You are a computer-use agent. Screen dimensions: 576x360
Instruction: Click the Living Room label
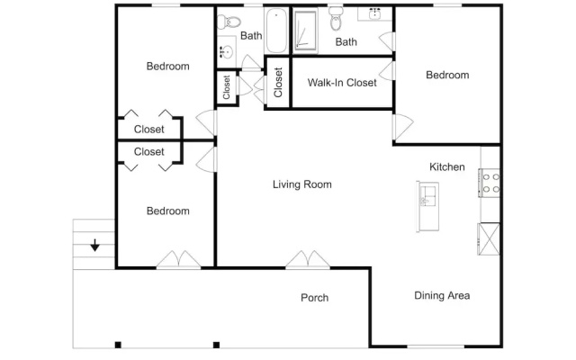[302, 184]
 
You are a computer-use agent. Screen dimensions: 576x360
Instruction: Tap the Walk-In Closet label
[342, 83]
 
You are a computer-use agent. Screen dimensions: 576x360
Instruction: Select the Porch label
[314, 298]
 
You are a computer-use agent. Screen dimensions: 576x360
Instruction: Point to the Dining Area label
[442, 296]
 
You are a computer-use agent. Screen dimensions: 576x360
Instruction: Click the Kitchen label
[447, 166]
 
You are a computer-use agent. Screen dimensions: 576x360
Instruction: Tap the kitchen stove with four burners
[490, 183]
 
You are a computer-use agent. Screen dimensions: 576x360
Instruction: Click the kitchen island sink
[428, 195]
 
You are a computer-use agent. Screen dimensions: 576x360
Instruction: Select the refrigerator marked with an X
[489, 238]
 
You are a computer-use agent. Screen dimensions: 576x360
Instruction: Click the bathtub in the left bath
[276, 31]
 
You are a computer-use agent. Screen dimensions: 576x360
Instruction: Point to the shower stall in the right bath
[305, 31]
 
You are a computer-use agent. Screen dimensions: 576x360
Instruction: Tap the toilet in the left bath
[229, 22]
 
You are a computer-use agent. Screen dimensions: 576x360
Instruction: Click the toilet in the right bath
[336, 19]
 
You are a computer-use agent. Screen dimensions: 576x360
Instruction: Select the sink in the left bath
[226, 52]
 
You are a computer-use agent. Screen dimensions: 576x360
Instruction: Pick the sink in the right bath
[374, 14]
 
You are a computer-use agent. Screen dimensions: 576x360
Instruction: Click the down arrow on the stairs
[95, 245]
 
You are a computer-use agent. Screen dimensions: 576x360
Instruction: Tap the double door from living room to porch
[308, 259]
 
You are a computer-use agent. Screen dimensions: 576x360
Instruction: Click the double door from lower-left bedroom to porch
[179, 259]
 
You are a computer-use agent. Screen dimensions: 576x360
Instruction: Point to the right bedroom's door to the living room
[403, 127]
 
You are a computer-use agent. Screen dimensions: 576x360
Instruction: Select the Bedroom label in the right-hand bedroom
[447, 75]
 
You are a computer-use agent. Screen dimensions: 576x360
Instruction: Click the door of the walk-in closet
[387, 71]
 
